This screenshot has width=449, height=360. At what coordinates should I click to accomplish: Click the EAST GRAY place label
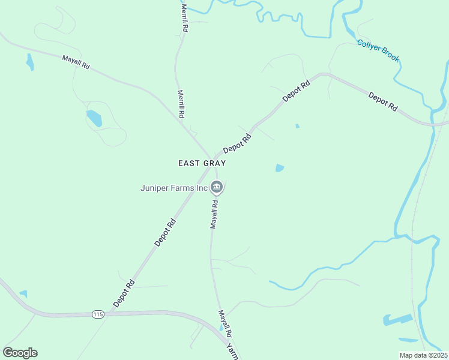point(202,163)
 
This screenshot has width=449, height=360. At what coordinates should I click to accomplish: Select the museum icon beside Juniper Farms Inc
point(217,188)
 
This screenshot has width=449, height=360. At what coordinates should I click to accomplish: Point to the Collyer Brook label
point(378,51)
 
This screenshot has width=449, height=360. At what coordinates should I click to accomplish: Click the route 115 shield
point(98,314)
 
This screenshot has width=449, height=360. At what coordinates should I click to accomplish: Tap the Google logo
point(20,353)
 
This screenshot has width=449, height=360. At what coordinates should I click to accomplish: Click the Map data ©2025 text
point(424,355)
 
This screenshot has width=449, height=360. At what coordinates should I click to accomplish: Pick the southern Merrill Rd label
point(181,104)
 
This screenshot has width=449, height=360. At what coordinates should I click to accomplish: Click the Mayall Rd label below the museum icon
point(214,214)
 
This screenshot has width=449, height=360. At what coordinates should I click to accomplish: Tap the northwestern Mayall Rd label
point(76,62)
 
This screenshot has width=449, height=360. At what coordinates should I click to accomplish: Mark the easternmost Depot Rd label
point(383,101)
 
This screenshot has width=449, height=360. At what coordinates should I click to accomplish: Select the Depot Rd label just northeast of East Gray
point(237,143)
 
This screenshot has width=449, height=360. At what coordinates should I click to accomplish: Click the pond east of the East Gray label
point(279,169)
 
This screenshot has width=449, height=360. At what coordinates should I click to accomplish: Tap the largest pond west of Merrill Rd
point(94,118)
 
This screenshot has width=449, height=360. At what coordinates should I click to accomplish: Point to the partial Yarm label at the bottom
point(232,351)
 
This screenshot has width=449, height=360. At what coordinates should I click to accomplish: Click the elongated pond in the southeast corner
point(397,320)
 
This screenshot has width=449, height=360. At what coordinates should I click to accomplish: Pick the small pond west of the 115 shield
point(23,294)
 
